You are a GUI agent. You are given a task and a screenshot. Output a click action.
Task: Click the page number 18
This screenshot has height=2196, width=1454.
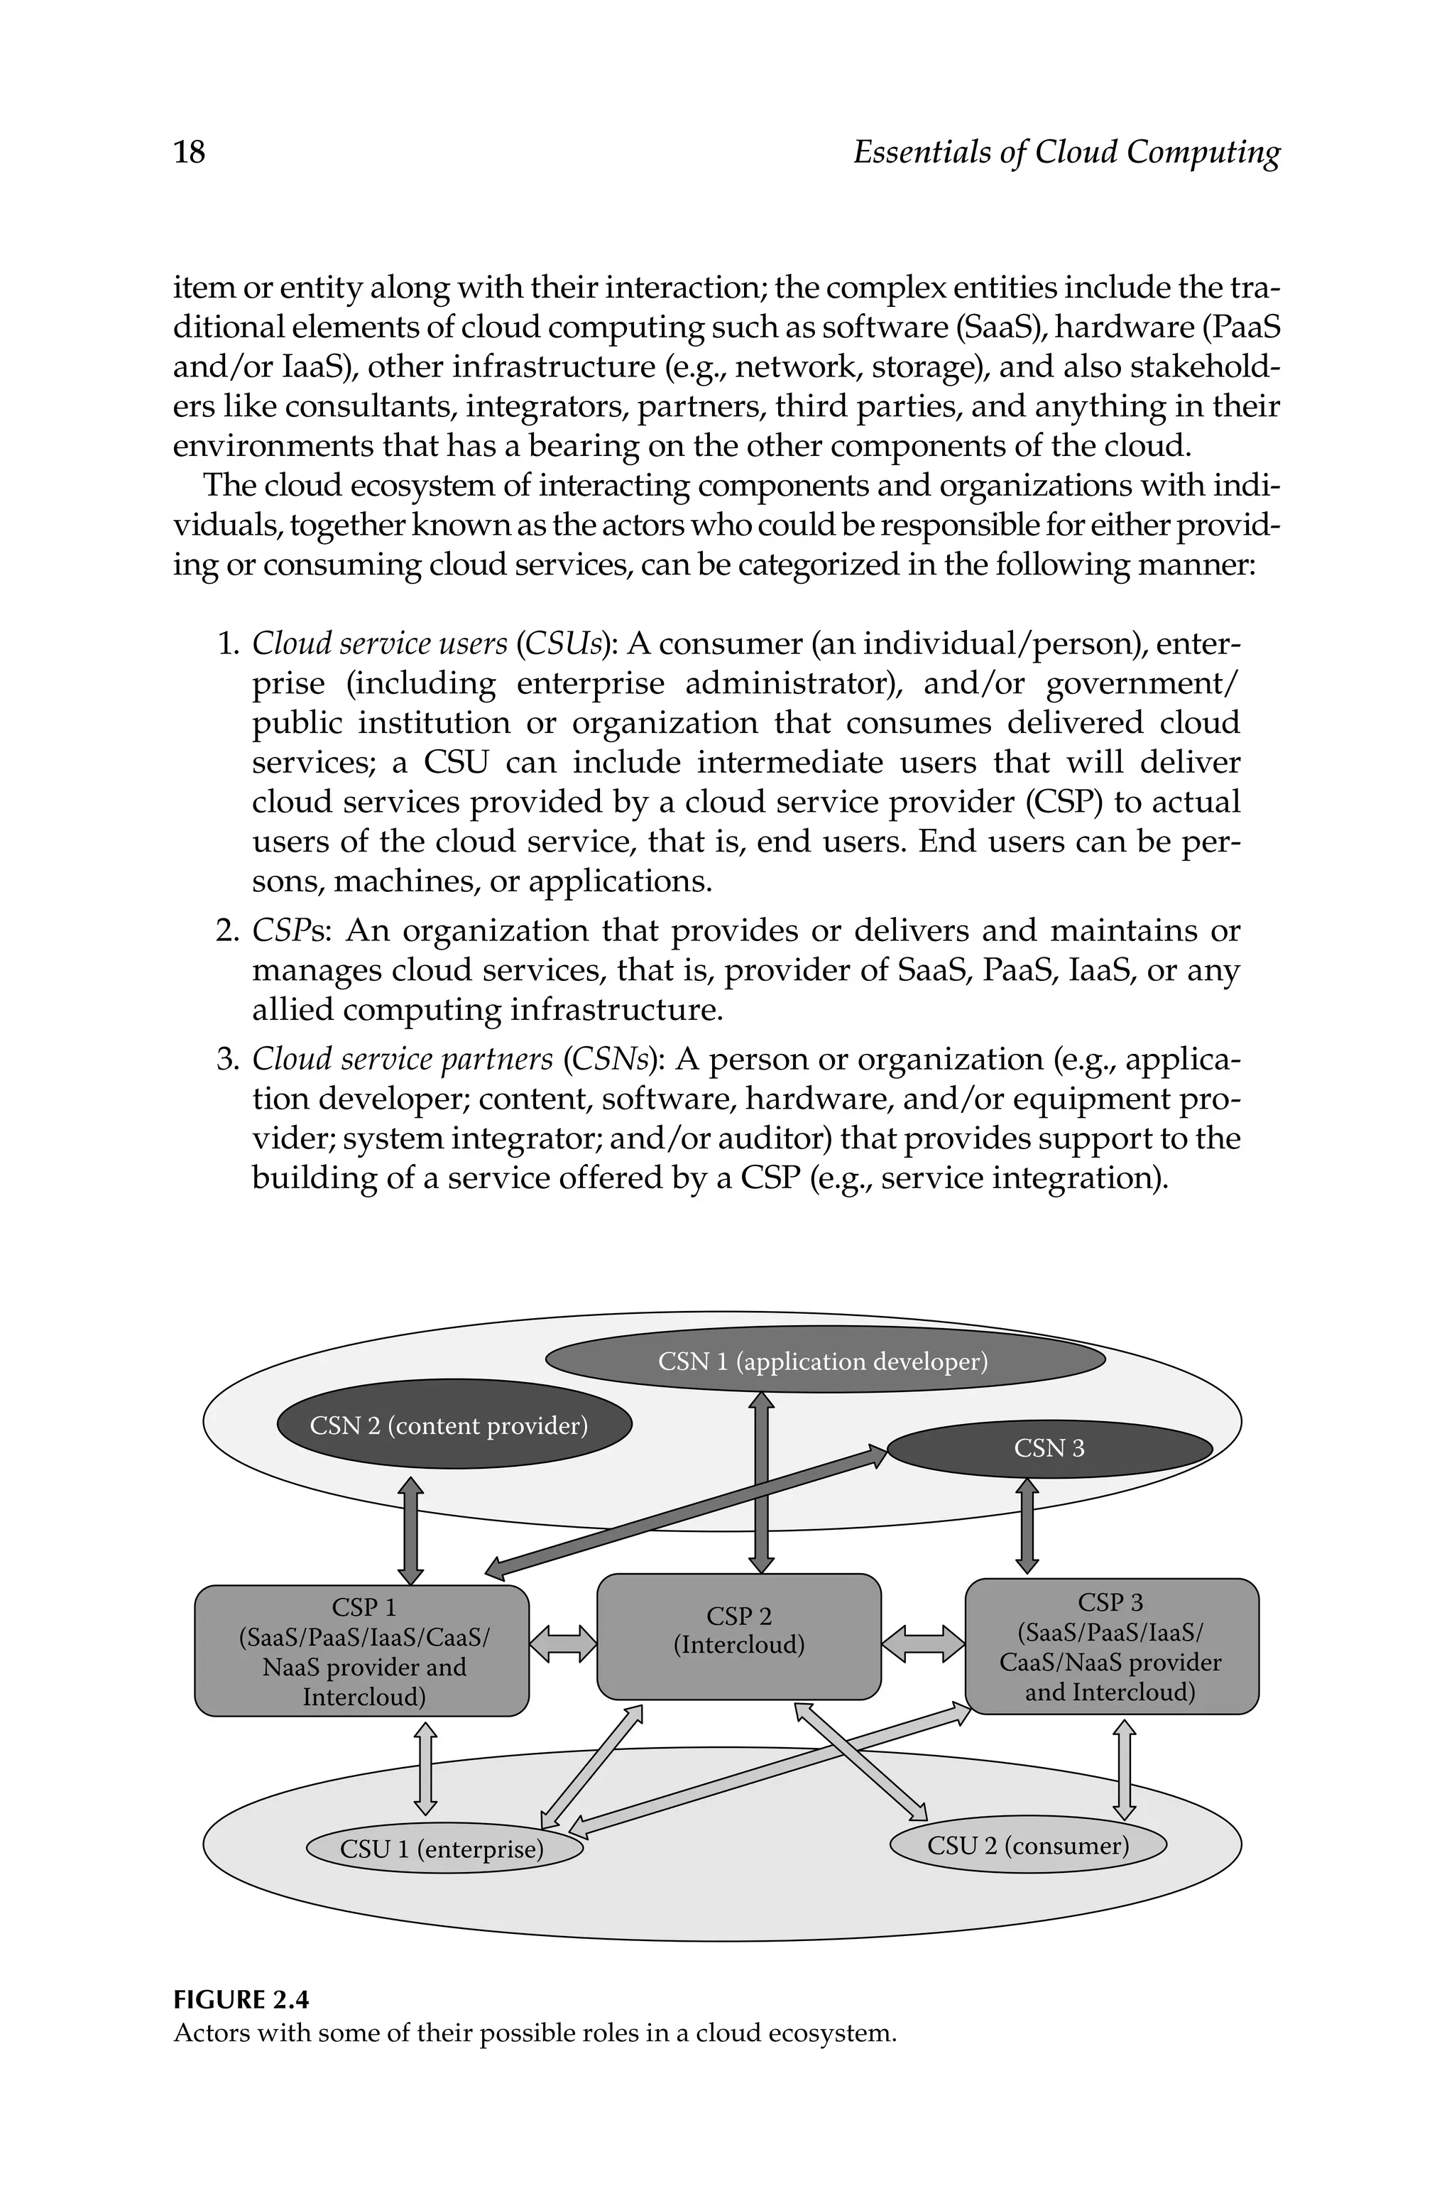tap(189, 151)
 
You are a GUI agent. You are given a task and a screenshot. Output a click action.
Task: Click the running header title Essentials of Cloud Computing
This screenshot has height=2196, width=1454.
tap(1066, 151)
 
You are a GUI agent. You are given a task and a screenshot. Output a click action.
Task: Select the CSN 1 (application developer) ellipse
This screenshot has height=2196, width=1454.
tap(824, 1361)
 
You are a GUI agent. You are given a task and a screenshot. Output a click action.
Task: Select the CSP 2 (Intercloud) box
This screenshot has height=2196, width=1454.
tap(738, 1638)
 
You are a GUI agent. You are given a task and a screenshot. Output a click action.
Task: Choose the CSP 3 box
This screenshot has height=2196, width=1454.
tap(1111, 1646)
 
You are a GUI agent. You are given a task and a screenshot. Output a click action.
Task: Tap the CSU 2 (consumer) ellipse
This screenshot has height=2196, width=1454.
tap(1027, 1844)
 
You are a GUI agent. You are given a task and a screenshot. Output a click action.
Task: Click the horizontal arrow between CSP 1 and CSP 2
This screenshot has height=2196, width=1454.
tap(563, 1643)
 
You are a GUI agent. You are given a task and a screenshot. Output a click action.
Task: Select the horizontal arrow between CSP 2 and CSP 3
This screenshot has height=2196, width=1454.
tap(923, 1643)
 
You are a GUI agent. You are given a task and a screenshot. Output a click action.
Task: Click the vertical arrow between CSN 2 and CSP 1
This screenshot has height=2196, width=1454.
tap(411, 1531)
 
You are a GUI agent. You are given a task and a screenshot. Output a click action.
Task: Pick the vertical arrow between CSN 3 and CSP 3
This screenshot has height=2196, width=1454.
tap(1027, 1526)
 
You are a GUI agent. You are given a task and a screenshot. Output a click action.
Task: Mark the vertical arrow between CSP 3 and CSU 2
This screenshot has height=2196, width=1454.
tap(1124, 1769)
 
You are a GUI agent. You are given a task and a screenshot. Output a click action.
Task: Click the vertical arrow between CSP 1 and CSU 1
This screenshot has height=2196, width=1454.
tap(425, 1768)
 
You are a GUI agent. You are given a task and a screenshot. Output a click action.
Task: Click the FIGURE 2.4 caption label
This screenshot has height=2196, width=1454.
tap(241, 1999)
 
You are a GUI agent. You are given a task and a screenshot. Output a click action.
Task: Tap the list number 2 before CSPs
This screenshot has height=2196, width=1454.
tap(227, 930)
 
